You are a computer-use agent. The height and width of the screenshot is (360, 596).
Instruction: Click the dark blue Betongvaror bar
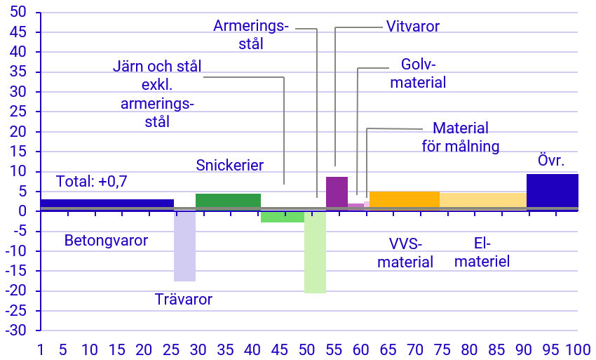point(107,204)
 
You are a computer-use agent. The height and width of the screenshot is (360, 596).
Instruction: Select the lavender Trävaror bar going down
point(184,246)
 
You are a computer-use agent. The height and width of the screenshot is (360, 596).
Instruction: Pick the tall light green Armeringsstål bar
point(315,253)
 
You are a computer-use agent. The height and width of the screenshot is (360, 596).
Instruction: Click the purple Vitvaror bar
point(337,191)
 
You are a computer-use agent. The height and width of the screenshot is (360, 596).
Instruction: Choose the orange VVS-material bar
point(404,199)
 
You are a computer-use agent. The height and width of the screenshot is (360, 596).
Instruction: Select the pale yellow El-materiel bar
point(482,199)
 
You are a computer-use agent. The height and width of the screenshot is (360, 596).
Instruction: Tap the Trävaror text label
point(183,300)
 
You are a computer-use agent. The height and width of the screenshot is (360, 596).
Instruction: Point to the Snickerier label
point(229,166)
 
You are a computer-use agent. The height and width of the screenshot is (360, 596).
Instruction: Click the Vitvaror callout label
point(413,27)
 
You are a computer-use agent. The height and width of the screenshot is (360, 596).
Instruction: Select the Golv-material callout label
point(418,73)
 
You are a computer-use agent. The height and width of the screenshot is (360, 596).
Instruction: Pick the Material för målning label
point(461,138)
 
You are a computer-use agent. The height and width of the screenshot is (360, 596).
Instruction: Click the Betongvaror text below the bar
point(106,241)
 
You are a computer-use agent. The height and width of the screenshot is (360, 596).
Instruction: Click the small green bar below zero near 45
point(282,216)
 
